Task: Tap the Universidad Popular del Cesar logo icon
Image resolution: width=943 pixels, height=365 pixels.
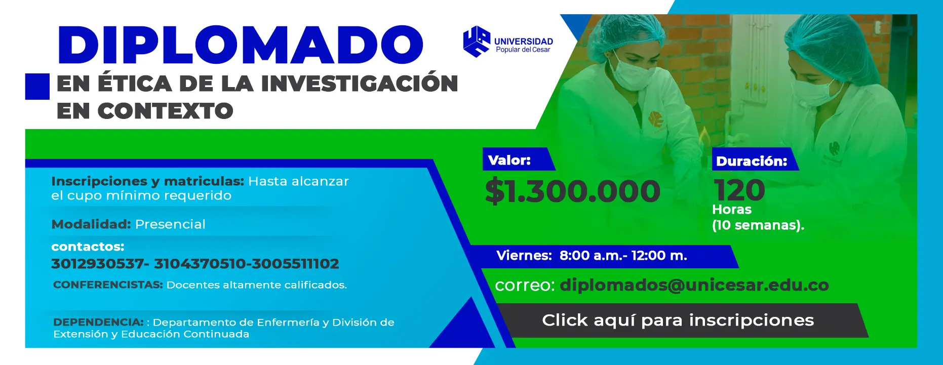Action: pyautogui.click(x=477, y=42)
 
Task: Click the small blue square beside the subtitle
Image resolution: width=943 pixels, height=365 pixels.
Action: pyautogui.click(x=37, y=86)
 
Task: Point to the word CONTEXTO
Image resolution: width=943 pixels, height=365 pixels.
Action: pyautogui.click(x=165, y=111)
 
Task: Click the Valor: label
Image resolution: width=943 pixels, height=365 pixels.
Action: pyautogui.click(x=509, y=160)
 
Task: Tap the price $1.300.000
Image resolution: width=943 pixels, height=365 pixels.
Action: pyautogui.click(x=573, y=191)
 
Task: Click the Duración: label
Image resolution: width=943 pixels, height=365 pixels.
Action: pyautogui.click(x=752, y=161)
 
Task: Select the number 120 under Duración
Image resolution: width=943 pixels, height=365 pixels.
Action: pyautogui.click(x=739, y=190)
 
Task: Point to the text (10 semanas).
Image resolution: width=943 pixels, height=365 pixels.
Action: pyautogui.click(x=758, y=225)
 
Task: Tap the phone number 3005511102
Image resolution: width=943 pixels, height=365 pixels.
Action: pyautogui.click(x=296, y=264)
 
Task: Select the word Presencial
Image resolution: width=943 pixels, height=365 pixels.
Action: pyautogui.click(x=170, y=224)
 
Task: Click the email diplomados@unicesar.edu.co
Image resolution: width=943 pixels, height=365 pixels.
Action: pyautogui.click(x=694, y=285)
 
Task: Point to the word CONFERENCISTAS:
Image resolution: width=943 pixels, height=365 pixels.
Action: pyautogui.click(x=108, y=285)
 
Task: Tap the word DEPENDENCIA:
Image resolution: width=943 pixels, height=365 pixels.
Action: pyautogui.click(x=98, y=322)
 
